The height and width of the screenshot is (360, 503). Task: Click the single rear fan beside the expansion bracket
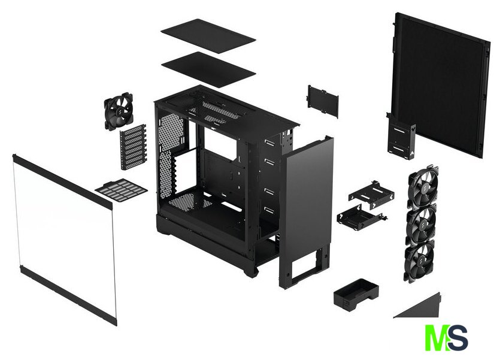(119, 111)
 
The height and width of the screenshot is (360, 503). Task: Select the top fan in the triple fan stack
(422, 187)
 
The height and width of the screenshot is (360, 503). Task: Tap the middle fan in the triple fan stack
(421, 225)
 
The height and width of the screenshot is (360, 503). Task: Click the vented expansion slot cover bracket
(133, 146)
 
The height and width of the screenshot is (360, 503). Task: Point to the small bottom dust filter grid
(121, 190)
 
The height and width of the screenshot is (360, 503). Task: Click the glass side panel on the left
(64, 239)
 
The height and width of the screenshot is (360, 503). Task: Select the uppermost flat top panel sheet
(208, 36)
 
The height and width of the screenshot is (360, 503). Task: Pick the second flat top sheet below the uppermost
(208, 69)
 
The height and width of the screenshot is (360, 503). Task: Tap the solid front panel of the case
(306, 212)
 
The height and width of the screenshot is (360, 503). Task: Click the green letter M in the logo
(437, 337)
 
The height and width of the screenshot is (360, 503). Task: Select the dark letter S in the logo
(457, 337)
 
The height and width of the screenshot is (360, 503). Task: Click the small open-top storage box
(356, 295)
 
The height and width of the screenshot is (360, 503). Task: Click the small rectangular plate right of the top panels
(323, 101)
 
